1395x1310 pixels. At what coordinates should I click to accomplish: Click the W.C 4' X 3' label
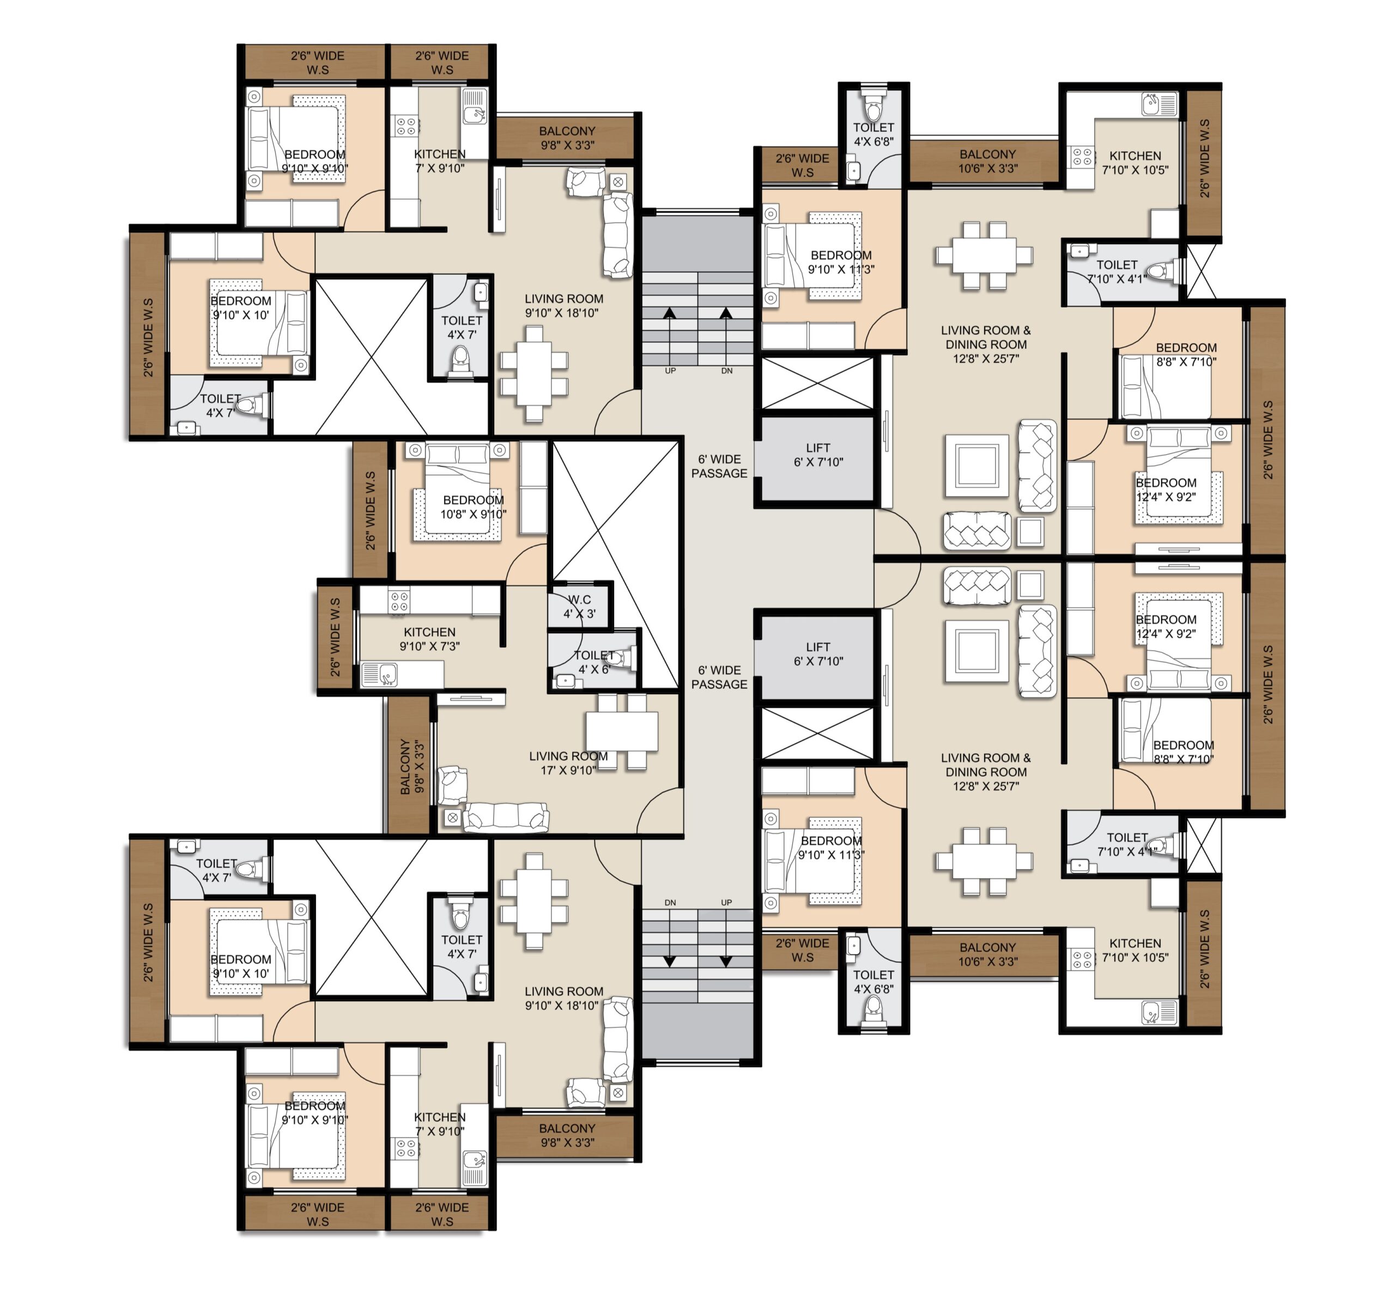pyautogui.click(x=580, y=607)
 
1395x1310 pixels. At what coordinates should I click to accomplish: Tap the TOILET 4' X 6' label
pyautogui.click(x=593, y=662)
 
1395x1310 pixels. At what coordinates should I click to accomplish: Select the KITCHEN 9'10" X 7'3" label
pyautogui.click(x=429, y=639)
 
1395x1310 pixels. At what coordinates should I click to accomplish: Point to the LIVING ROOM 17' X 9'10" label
pyautogui.click(x=568, y=763)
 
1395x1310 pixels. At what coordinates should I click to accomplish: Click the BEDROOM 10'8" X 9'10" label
pyautogui.click(x=473, y=507)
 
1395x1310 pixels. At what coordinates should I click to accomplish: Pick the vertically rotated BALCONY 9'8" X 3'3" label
pyautogui.click(x=412, y=766)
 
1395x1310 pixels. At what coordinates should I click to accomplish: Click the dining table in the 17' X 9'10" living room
pyautogui.click(x=622, y=731)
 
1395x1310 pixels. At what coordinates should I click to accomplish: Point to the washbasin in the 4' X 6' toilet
pyautogui.click(x=564, y=680)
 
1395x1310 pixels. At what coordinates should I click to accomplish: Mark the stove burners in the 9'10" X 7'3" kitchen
pyautogui.click(x=399, y=602)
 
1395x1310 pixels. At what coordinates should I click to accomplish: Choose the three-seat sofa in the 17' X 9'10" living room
pyautogui.click(x=506, y=817)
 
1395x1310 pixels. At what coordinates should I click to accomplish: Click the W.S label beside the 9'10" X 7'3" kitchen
pyautogui.click(x=336, y=638)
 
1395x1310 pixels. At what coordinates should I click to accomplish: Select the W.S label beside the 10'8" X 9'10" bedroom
pyautogui.click(x=371, y=511)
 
